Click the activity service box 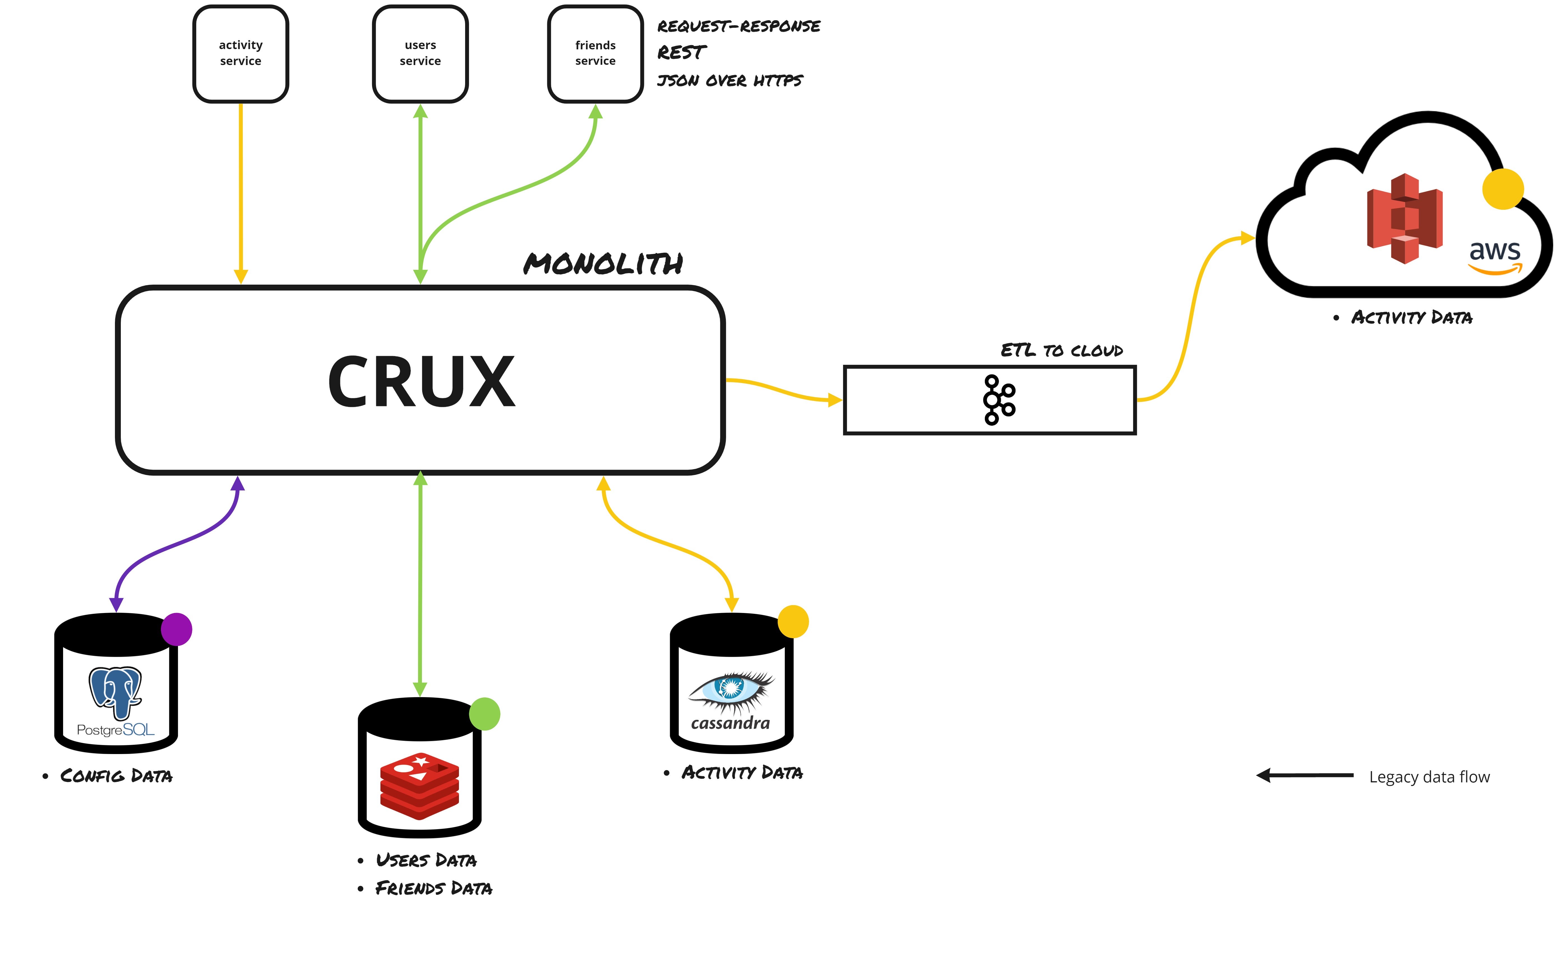point(241,54)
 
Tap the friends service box point(595,54)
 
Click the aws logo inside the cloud point(1495,256)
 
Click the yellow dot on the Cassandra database point(793,621)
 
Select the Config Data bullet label point(115,776)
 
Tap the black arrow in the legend point(1304,775)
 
